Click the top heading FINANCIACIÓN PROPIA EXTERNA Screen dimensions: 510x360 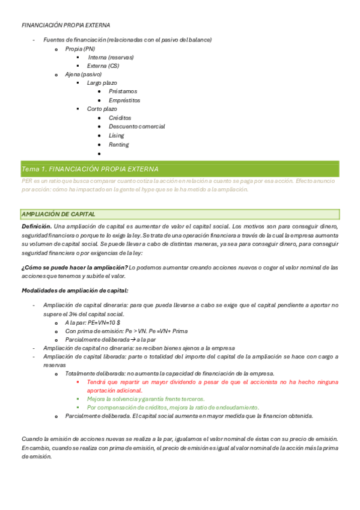[x=66, y=25]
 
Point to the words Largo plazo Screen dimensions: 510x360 [x=102, y=82]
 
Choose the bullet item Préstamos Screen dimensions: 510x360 [x=123, y=91]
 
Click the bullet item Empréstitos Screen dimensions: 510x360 [x=124, y=100]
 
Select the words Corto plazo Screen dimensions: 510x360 [x=102, y=109]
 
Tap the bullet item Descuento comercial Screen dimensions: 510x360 [x=136, y=126]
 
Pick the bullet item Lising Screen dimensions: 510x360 [x=117, y=135]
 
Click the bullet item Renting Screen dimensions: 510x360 [x=118, y=144]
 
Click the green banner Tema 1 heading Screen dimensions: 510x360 [x=90, y=169]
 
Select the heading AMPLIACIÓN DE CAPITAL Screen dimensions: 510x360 [x=58, y=214]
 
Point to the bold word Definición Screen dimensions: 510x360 [x=36, y=226]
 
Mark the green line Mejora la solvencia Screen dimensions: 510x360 [x=146, y=399]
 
